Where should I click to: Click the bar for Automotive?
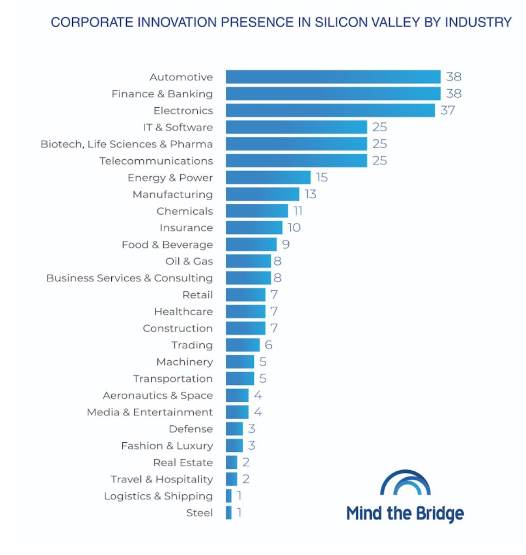click(x=333, y=77)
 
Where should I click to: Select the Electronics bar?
click(x=330, y=110)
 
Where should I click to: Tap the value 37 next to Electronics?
click(x=447, y=110)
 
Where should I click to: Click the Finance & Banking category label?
click(x=162, y=94)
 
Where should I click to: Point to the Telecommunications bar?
click(x=296, y=161)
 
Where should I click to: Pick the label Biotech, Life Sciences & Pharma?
click(x=126, y=144)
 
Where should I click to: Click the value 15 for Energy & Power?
click(x=321, y=178)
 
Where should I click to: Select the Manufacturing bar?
click(x=262, y=194)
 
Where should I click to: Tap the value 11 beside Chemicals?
click(x=298, y=211)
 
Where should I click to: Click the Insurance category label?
click(x=186, y=228)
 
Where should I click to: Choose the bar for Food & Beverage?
click(x=251, y=244)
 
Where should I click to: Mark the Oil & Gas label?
click(x=189, y=261)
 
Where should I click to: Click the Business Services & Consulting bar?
click(x=248, y=278)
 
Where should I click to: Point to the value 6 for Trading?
click(x=269, y=345)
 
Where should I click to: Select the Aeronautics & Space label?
click(x=158, y=395)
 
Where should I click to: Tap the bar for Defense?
click(x=234, y=429)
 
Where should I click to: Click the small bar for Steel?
click(x=229, y=513)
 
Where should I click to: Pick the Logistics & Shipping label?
click(x=158, y=496)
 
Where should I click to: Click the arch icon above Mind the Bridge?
click(x=405, y=483)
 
